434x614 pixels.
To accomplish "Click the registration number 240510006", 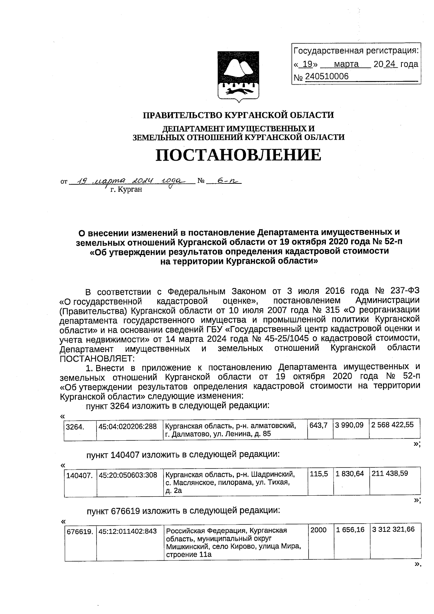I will pos(327,77).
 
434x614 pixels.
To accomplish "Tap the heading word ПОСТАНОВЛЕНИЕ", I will pos(238,155).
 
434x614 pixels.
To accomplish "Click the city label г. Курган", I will pos(126,189).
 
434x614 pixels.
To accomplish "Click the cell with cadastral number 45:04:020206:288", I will pos(128,426).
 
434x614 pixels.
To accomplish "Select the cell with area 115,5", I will pos(319,474).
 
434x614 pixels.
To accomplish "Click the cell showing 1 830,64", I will pos(349,474).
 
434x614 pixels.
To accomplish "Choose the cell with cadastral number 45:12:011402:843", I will pos(128,531).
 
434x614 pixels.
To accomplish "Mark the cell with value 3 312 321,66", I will pos(393,530).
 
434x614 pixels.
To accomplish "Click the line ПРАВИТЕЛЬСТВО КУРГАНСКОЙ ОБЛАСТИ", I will pos(238,115).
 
